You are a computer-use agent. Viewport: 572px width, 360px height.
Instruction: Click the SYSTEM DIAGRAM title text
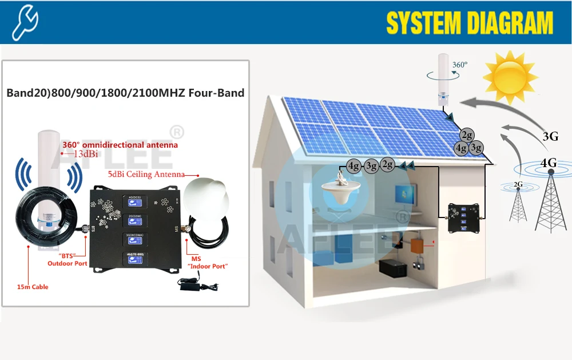[470, 23]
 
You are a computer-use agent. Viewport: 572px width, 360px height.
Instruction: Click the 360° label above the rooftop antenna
[459, 65]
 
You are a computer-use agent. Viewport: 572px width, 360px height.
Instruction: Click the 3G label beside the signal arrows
[550, 136]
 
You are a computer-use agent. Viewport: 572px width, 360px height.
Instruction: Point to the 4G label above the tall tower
[548, 163]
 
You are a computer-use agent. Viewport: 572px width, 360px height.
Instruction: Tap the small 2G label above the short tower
[518, 184]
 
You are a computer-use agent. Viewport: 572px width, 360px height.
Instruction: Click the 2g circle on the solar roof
[467, 135]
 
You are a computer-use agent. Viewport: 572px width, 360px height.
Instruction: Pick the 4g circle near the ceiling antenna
[355, 166]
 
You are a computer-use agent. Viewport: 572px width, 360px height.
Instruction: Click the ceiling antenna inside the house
[336, 185]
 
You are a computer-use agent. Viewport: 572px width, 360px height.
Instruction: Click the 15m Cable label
[32, 287]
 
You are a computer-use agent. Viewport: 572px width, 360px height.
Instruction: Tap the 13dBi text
[81, 153]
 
